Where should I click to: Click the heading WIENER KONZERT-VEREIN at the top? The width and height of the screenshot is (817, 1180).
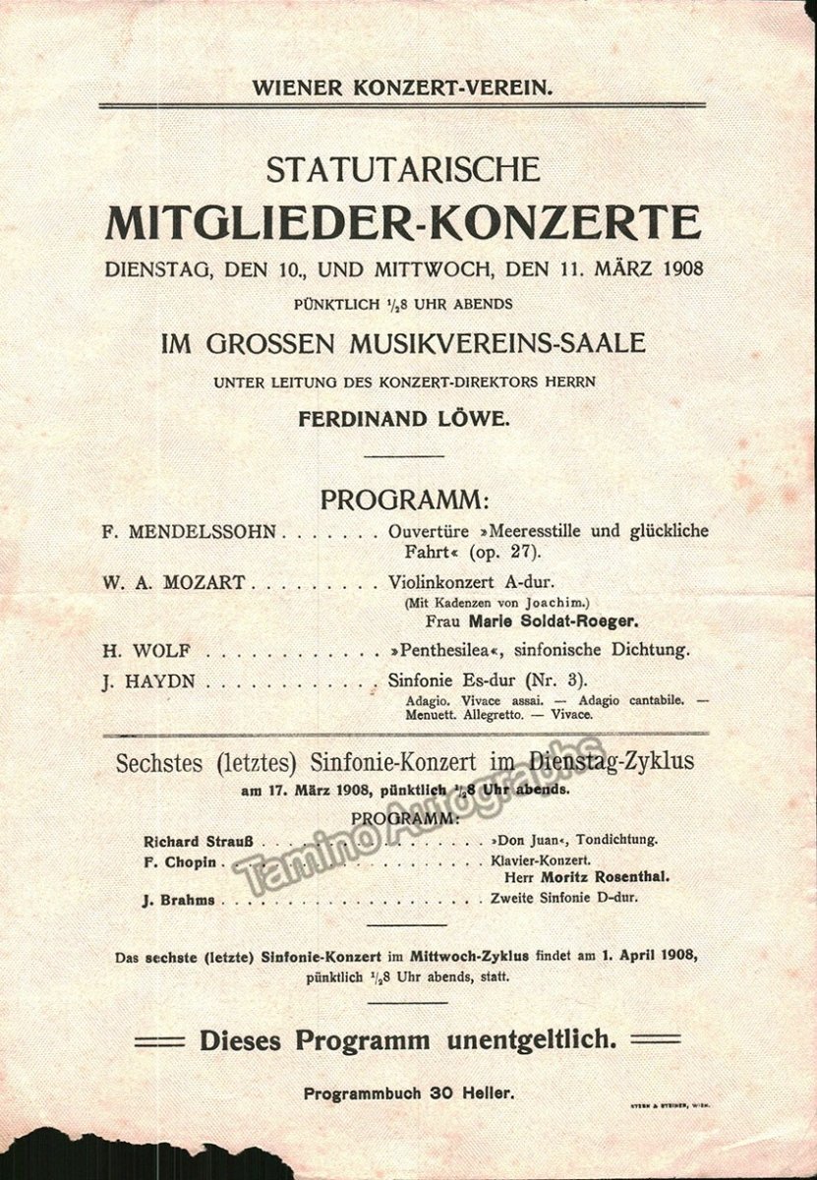click(x=403, y=86)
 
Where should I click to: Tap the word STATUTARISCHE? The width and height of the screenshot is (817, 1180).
click(x=403, y=169)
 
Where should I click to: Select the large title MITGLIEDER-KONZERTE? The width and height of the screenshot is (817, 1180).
click(x=403, y=222)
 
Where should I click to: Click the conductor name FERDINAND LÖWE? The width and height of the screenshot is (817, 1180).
click(x=403, y=419)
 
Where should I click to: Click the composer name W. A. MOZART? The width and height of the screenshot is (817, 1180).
click(x=171, y=583)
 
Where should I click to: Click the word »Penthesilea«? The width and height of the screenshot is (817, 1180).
click(x=445, y=649)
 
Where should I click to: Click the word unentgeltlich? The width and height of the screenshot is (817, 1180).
click(x=526, y=1040)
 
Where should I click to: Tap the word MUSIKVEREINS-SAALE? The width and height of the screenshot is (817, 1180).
click(x=510, y=345)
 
